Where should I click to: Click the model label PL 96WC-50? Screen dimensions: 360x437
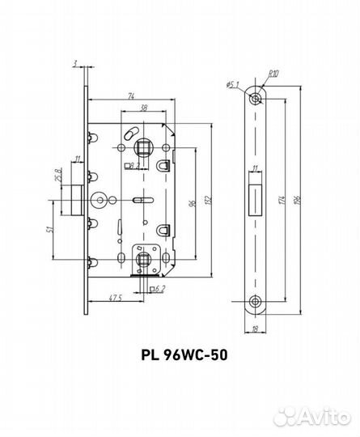coord(184,354)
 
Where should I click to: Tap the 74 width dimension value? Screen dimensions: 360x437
coord(131,96)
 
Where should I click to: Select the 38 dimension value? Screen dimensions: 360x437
coord(144,108)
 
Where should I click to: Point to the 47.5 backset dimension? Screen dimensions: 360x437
coord(115,298)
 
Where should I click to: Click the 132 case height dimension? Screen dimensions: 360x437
coord(210,200)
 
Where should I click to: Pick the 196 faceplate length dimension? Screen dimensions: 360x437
coord(297,200)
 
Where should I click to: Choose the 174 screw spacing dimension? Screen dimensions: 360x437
coord(282,200)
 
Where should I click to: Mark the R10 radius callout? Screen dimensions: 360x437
coord(273,74)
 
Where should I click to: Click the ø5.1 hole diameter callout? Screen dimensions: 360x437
coord(233,84)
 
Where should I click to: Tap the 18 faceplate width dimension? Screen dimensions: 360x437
coord(254,329)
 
